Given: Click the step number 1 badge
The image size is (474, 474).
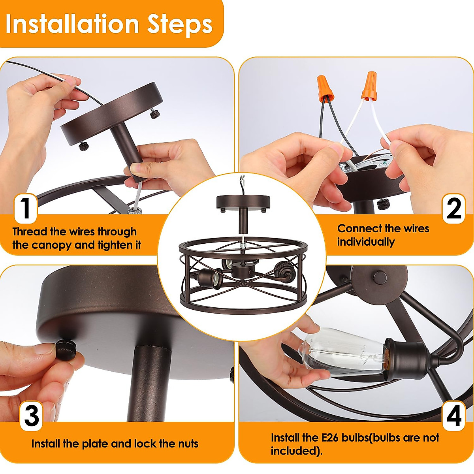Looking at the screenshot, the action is click(26, 209).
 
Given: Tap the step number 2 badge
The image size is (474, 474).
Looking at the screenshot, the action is click(454, 209).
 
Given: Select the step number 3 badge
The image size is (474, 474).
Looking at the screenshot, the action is click(31, 416).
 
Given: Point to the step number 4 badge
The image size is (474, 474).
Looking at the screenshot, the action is click(454, 416).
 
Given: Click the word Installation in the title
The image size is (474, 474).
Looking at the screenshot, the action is click(72, 24).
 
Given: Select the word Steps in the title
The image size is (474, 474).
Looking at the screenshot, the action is click(180, 25).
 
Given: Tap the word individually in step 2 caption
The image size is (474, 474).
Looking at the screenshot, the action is click(366, 242).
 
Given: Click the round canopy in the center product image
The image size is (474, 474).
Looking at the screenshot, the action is click(243, 201).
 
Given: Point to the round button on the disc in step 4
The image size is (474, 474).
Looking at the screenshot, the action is click(380, 277).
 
